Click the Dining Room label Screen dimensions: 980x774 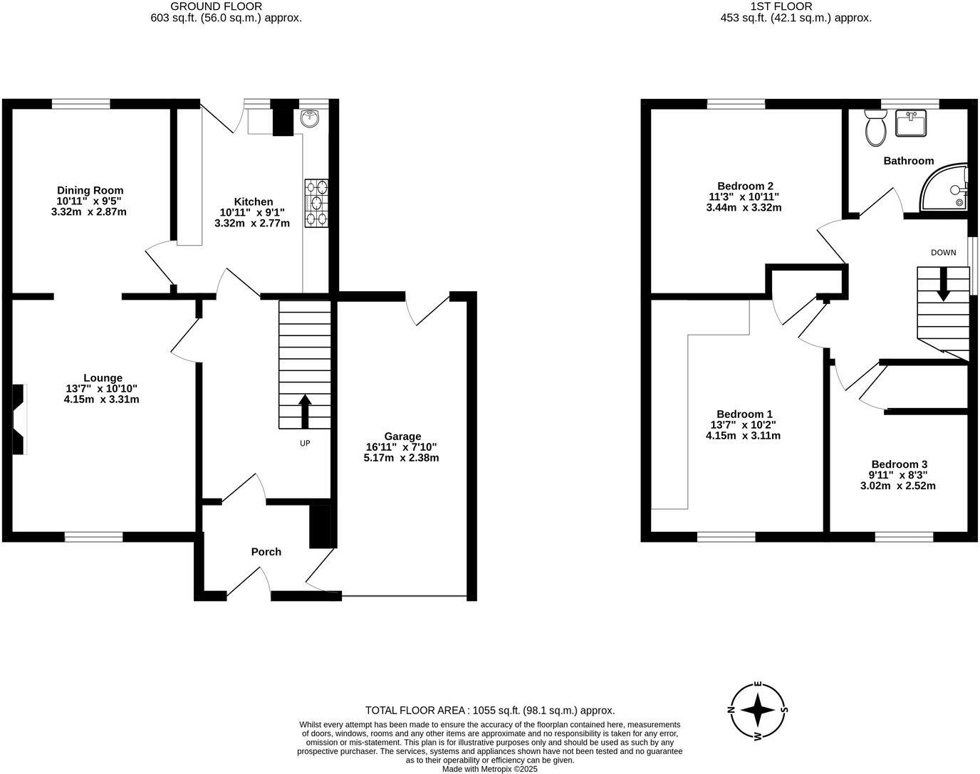click(x=90, y=190)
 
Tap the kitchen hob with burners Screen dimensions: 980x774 click(x=316, y=203)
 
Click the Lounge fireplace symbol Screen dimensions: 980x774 click(x=19, y=419)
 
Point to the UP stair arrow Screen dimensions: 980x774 click(x=305, y=412)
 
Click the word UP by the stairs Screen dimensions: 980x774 click(x=305, y=443)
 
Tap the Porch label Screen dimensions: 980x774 click(x=266, y=552)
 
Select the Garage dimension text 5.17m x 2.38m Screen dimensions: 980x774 click(x=401, y=458)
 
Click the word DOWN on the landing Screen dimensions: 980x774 click(x=943, y=253)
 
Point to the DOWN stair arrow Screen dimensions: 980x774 click(x=943, y=283)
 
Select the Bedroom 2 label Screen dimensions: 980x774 click(x=744, y=186)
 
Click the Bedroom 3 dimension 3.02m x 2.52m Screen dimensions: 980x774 click(x=897, y=486)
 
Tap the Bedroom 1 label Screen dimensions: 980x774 click(x=744, y=414)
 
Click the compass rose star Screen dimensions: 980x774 click(x=758, y=709)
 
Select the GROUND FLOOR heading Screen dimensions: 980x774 click(x=217, y=6)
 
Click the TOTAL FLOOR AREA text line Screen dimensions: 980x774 click(x=490, y=710)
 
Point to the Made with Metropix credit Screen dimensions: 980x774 click(x=490, y=769)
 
